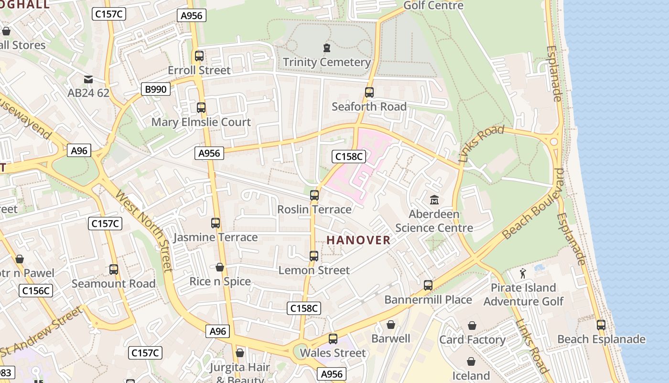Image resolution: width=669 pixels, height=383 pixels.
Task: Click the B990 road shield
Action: tap(156, 89)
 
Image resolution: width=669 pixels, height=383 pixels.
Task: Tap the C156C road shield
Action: tap(36, 291)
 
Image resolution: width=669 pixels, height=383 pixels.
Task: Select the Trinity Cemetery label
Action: tap(327, 62)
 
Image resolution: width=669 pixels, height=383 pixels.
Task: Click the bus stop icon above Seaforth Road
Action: tap(369, 92)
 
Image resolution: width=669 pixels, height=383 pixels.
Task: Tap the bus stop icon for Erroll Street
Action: tap(199, 56)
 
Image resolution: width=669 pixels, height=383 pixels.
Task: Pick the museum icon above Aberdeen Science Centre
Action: tap(434, 200)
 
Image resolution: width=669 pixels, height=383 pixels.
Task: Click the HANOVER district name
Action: tap(358, 240)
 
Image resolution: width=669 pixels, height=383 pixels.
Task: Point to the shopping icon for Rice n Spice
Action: tap(220, 267)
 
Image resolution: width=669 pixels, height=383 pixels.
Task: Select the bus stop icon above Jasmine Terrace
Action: tap(216, 223)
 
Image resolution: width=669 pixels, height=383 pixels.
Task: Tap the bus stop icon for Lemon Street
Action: tap(313, 256)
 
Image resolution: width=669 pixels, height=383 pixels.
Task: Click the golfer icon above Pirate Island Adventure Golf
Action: tap(523, 273)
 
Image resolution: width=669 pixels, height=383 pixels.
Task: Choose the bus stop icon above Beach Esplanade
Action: tap(601, 325)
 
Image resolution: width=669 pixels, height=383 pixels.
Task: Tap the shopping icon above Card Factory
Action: tap(472, 326)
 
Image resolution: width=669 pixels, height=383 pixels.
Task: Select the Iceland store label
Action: tap(471, 375)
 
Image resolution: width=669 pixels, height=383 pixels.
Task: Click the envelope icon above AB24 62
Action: tap(88, 79)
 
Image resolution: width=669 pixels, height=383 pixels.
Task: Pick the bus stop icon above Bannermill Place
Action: tap(428, 285)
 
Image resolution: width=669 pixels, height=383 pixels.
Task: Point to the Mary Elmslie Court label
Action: tap(201, 122)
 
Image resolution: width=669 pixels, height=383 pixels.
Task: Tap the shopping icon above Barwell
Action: tap(391, 325)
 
